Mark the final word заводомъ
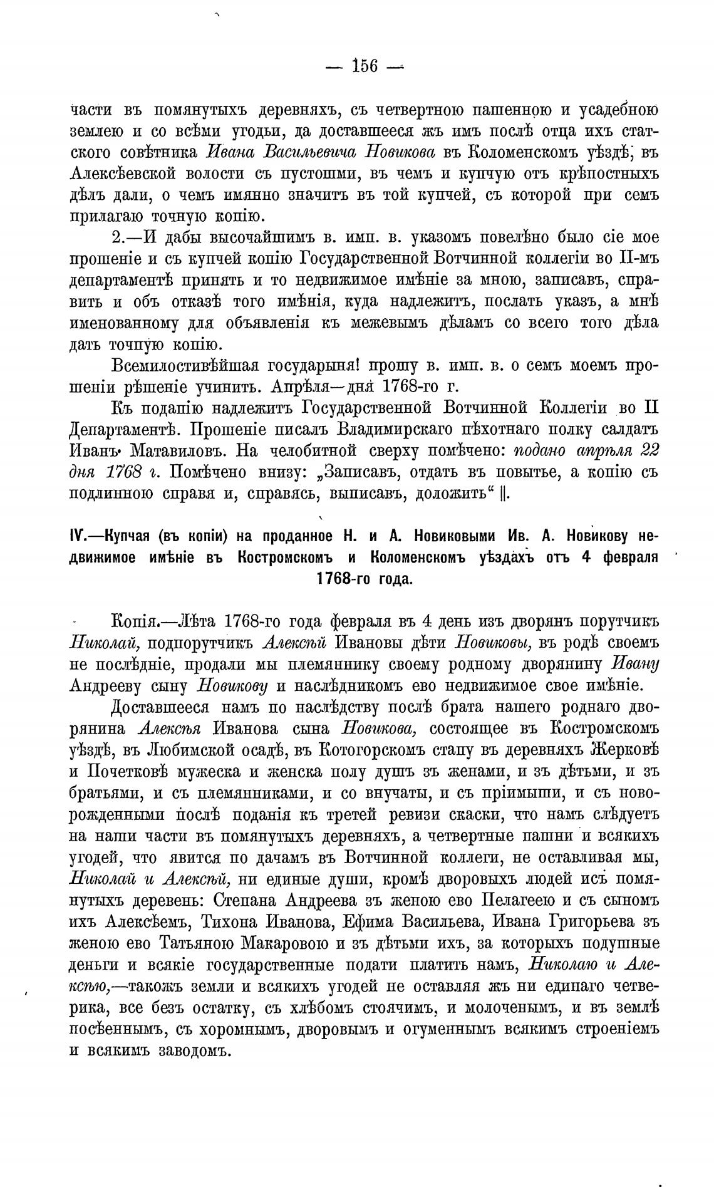(x=187, y=1050)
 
